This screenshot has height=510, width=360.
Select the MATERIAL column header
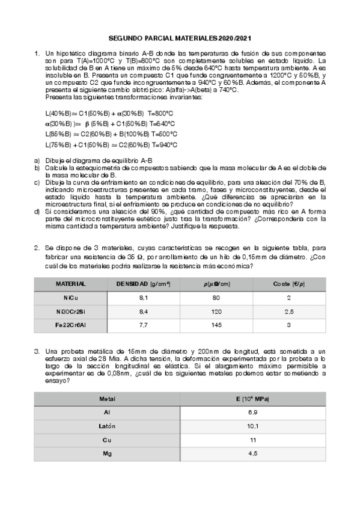click(70, 283)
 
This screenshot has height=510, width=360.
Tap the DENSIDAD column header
click(143, 283)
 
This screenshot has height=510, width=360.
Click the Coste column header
click(288, 283)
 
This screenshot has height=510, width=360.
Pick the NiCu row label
click(70, 298)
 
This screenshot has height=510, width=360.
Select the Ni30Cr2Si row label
click(70, 311)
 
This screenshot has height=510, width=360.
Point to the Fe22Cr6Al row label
click(70, 325)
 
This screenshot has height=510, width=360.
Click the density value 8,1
click(144, 298)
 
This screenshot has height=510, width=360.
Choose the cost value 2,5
click(288, 311)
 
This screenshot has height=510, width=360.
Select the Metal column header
click(107, 399)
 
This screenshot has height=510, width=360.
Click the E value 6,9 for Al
click(253, 412)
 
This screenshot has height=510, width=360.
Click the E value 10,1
click(253, 426)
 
